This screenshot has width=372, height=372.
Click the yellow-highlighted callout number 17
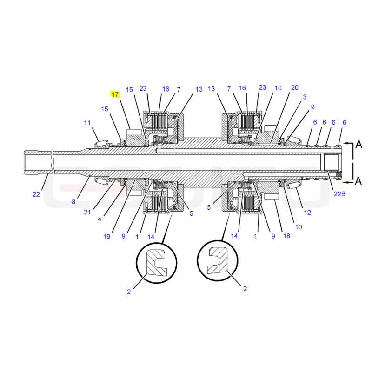click(115, 94)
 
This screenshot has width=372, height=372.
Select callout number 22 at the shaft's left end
click(36, 194)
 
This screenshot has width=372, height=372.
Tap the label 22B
click(339, 194)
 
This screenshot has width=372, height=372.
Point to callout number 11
click(87, 123)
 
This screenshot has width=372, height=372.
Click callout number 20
click(294, 87)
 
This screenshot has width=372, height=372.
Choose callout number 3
click(305, 97)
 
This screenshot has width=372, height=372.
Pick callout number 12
click(307, 213)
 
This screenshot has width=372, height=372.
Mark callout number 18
click(286, 236)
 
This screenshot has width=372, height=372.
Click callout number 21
click(87, 212)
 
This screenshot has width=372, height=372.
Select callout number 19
click(107, 236)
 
